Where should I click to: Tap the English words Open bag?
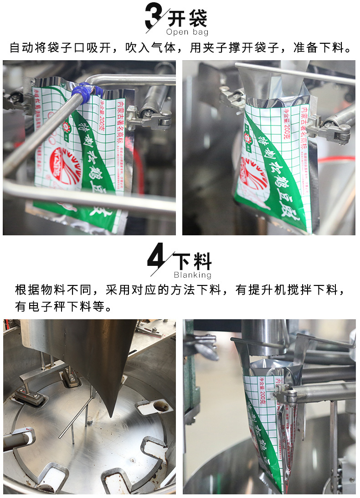(187, 32)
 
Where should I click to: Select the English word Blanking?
(192, 275)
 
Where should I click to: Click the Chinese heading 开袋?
(187, 19)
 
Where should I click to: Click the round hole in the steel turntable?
(159, 405)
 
